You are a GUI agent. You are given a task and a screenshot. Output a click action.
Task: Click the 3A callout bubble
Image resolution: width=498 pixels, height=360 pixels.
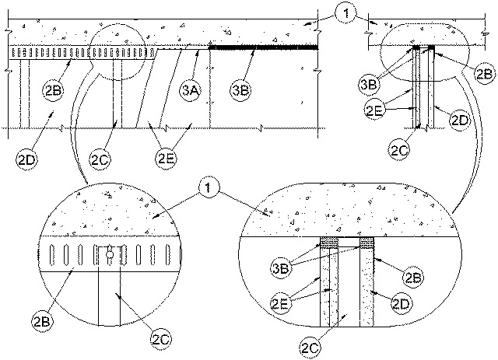191,91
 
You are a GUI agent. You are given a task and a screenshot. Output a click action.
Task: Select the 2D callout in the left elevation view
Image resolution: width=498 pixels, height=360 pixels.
26,159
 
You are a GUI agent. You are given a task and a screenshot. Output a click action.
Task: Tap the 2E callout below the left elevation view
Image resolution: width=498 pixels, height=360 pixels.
166,159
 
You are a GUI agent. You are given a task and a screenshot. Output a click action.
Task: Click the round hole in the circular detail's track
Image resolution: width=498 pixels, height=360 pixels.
109,254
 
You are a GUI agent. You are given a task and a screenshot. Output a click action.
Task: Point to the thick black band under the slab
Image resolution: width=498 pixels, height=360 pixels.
263,47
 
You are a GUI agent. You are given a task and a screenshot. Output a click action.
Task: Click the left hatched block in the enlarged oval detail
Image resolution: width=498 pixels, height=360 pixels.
330,243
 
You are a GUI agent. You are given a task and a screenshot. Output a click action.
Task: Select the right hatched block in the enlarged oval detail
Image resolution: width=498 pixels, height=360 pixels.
366,243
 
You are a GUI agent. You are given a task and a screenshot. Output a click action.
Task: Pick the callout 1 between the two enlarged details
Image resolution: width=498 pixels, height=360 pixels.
209,188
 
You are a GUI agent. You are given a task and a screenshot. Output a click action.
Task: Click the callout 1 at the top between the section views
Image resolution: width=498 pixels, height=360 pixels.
346,14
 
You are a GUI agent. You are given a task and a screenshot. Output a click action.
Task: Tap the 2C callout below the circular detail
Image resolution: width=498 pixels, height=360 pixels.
161,340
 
